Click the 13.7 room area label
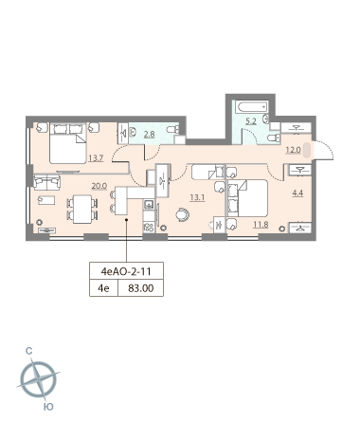(96, 158)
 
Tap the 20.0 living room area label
(99, 186)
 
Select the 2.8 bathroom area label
(149, 135)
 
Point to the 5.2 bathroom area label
(251, 121)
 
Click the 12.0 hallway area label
(293, 150)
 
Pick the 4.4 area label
(297, 193)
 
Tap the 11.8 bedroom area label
(261, 225)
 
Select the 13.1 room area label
(197, 198)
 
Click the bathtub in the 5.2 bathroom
(253, 107)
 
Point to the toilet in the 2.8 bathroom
(172, 129)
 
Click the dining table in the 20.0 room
(82, 210)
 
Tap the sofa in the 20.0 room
(46, 182)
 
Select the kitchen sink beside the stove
(149, 205)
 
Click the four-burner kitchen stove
(149, 227)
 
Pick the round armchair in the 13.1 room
(183, 214)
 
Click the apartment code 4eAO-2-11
(126, 271)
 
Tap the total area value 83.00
(141, 288)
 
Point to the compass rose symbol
(38, 378)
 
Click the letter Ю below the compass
(48, 407)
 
